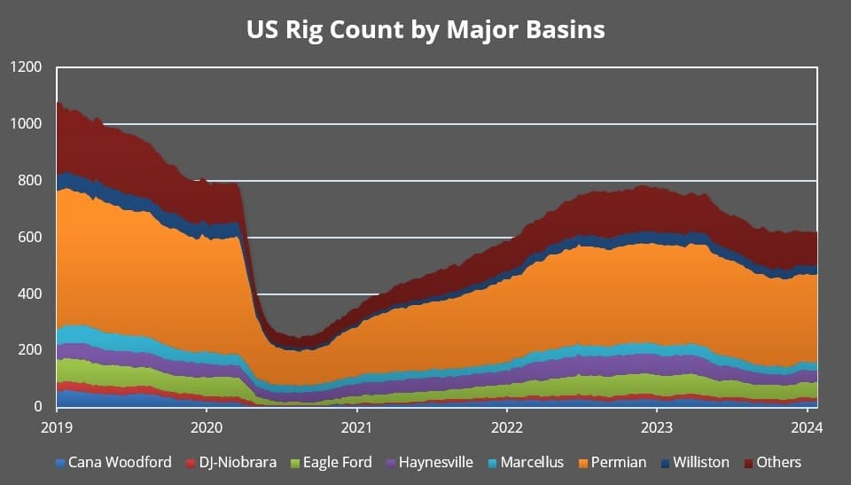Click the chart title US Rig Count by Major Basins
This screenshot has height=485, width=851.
(425, 29)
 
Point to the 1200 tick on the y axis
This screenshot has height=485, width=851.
(26, 67)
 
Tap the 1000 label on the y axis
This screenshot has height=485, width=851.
(26, 124)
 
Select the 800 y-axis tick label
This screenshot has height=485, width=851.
(29, 181)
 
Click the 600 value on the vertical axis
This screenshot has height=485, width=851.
(29, 238)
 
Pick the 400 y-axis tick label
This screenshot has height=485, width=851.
(29, 293)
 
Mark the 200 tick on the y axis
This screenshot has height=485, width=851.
(29, 350)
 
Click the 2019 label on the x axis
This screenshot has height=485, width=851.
(57, 426)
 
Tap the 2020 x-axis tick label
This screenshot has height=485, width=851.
(207, 426)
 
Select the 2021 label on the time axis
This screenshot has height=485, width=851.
(356, 426)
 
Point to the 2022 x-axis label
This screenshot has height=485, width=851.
(506, 426)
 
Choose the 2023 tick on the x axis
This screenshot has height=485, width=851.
(656, 426)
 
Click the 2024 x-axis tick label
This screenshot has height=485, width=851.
(806, 426)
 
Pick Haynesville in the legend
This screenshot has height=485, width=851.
(435, 462)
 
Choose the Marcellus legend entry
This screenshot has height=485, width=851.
(532, 462)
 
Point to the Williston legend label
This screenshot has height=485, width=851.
(700, 462)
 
